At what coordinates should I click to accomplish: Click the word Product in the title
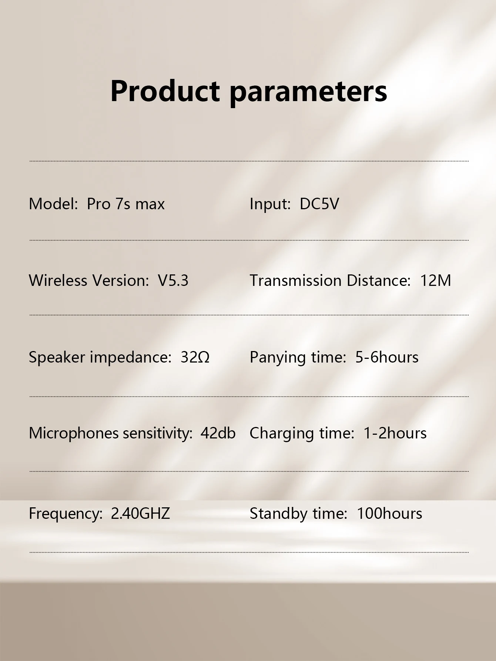click(x=165, y=91)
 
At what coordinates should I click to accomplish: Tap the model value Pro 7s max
click(x=125, y=204)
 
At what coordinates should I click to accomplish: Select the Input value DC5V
click(x=319, y=204)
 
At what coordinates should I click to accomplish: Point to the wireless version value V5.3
click(x=173, y=280)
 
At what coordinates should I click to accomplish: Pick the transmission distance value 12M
click(x=436, y=280)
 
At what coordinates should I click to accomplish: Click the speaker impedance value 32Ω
click(x=195, y=357)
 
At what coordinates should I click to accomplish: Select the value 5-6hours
click(x=387, y=357)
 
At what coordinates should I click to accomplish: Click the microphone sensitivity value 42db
click(x=218, y=433)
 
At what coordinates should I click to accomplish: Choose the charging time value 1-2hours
click(x=395, y=433)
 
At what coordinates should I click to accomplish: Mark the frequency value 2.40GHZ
click(x=140, y=513)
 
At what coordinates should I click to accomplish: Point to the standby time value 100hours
click(x=389, y=513)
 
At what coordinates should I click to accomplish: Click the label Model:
click(x=54, y=204)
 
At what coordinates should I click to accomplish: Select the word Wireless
click(x=58, y=280)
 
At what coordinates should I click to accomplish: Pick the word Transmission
click(x=295, y=280)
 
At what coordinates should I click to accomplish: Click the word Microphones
click(x=74, y=434)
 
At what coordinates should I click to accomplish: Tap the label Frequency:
click(x=66, y=514)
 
